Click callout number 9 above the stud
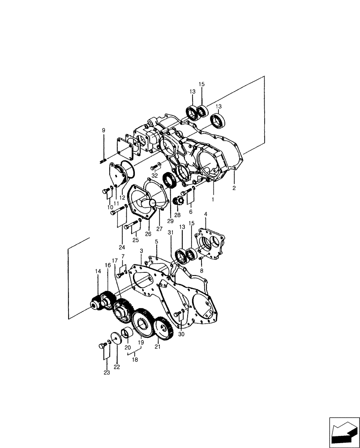(103, 130)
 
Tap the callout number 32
(154, 175)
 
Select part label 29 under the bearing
(170, 221)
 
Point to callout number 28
(177, 215)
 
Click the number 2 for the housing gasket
(234, 189)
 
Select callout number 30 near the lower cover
(181, 334)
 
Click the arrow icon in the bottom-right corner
(344, 431)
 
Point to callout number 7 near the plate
(123, 257)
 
